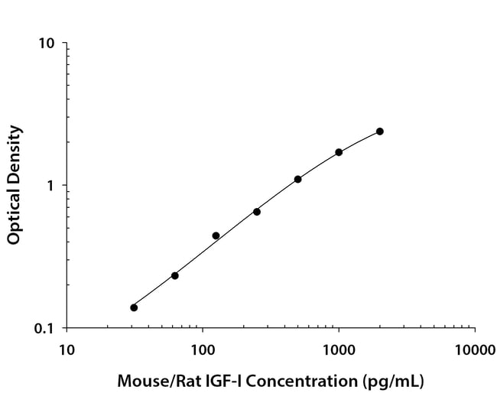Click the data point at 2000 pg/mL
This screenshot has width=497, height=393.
[x=380, y=132]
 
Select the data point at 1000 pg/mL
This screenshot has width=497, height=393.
[x=339, y=152]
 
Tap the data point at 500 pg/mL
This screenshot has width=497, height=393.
[x=297, y=179]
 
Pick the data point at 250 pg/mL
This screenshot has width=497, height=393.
[x=257, y=212]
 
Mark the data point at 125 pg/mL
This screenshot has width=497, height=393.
[x=216, y=235]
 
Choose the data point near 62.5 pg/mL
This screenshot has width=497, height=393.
[x=175, y=275]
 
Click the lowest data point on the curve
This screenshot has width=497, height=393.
[x=134, y=307]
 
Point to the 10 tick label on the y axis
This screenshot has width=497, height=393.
[x=47, y=44]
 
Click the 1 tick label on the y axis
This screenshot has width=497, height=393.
[x=51, y=186]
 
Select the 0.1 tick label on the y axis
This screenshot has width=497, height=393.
[x=44, y=329]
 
